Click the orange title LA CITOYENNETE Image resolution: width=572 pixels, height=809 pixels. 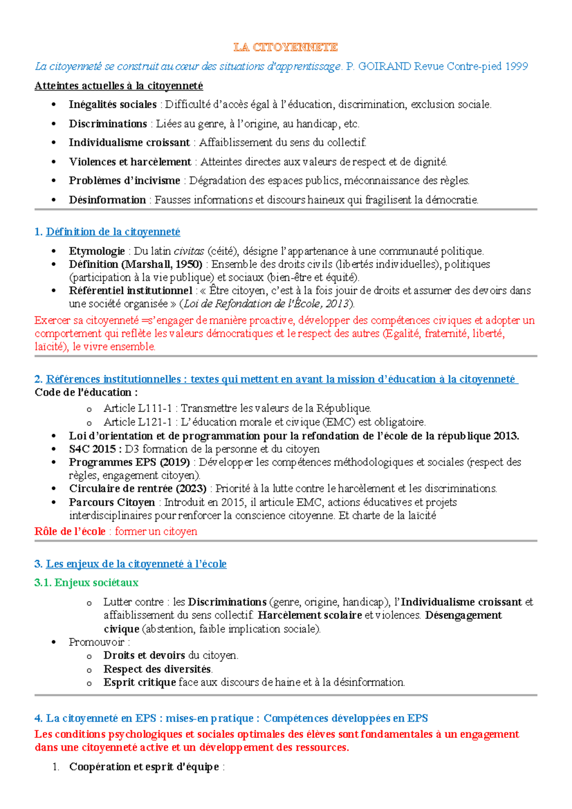(286, 47)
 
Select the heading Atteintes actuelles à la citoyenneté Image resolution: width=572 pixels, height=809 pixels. (119, 86)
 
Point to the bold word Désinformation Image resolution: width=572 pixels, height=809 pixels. (107, 200)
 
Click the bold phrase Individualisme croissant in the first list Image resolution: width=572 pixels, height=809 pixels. (129, 143)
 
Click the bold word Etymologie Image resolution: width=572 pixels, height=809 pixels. (97, 251)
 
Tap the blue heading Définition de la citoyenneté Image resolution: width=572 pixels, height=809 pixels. (113, 232)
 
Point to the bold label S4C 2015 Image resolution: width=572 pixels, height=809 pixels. (92, 449)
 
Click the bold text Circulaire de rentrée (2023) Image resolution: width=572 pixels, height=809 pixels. (138, 488)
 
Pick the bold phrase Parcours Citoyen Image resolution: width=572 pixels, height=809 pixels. (112, 502)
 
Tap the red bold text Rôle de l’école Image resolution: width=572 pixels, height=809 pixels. (70, 531)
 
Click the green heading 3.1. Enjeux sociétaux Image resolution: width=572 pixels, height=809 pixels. (86, 582)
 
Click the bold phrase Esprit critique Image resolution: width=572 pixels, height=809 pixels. (140, 683)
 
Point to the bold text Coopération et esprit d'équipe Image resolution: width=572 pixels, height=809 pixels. (144, 767)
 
